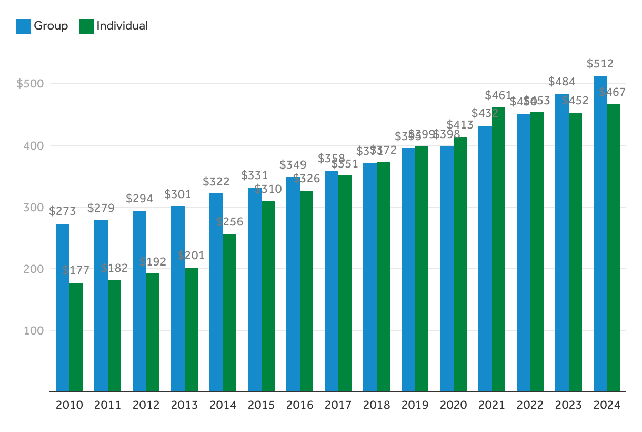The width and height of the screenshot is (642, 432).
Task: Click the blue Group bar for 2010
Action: [x=63, y=308]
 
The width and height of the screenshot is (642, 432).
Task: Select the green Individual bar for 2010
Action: [x=76, y=337]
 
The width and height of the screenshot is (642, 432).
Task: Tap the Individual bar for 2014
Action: [x=230, y=313]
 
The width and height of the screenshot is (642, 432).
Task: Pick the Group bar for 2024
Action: [x=600, y=234]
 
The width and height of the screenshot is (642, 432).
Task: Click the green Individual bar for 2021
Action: [x=499, y=250]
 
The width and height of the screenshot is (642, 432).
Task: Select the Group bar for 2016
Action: [x=293, y=284]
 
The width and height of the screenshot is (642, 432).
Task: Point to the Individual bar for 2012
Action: [x=153, y=332]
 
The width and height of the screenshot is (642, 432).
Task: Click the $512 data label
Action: [x=600, y=64]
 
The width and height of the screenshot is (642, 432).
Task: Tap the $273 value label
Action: [x=63, y=212]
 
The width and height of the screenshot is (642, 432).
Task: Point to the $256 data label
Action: [x=230, y=222]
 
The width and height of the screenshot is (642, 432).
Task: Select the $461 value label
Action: [x=498, y=95]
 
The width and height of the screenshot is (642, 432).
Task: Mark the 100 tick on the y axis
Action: [x=33, y=331]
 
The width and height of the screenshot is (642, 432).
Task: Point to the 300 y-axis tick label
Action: [x=33, y=207]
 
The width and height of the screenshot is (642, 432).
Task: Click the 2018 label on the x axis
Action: [x=377, y=405]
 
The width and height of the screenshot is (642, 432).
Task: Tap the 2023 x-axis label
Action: [x=569, y=405]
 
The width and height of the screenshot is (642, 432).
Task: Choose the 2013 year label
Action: [x=185, y=405]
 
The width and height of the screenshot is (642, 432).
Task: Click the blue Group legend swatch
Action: [x=23, y=26]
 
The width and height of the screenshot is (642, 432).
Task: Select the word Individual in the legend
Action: [x=122, y=26]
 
